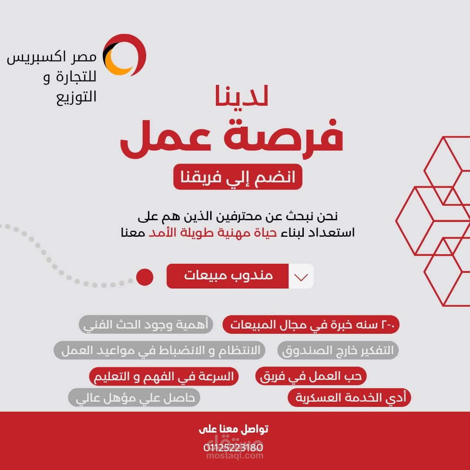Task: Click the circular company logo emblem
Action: click(x=124, y=55)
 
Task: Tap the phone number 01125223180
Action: click(x=233, y=447)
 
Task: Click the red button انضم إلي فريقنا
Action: click(x=238, y=177)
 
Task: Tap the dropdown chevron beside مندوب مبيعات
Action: click(x=301, y=276)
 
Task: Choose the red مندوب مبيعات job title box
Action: click(x=228, y=276)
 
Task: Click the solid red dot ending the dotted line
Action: click(x=145, y=277)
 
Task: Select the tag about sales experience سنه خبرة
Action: click(x=311, y=324)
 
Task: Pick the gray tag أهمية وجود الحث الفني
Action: click(x=146, y=324)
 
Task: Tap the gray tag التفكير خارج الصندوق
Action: click(x=338, y=350)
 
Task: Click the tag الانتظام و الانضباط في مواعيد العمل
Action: click(x=159, y=350)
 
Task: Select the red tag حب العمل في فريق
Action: click(x=311, y=376)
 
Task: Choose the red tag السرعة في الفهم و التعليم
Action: click(x=164, y=376)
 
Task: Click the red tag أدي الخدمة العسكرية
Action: click(x=349, y=397)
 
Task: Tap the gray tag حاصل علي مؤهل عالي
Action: click(x=134, y=397)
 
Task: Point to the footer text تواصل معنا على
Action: click(x=234, y=429)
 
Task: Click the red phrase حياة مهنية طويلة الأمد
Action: click(x=213, y=232)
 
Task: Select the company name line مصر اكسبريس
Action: click(x=51, y=57)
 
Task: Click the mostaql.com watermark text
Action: click(x=235, y=456)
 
